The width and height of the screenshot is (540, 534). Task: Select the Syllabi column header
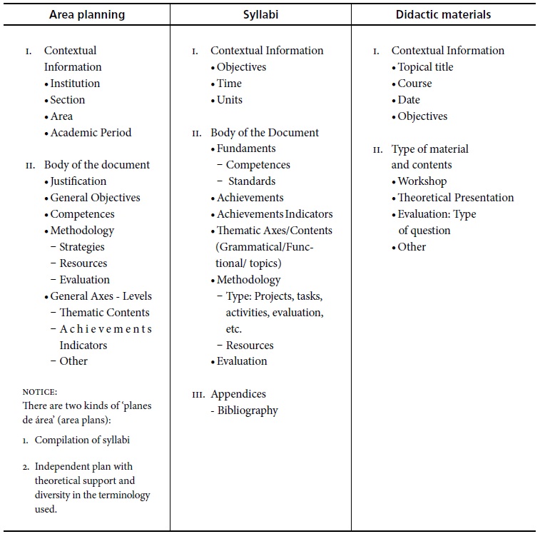pos(260,14)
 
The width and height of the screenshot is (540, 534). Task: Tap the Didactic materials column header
pos(444,14)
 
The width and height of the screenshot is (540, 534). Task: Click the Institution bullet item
pos(75,84)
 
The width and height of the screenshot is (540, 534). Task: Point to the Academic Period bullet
pos(91,133)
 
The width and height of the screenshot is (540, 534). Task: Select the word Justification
pos(78,181)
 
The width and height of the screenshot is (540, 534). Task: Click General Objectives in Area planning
pos(95,198)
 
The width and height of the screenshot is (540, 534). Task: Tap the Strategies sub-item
pos(81,247)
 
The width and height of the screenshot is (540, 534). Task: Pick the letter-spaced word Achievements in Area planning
pos(106,329)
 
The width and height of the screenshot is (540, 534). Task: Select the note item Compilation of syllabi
pos(82,440)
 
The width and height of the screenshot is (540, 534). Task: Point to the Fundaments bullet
pos(246,148)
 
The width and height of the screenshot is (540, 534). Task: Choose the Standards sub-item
pos(251,181)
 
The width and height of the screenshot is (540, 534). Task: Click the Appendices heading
pos(238,394)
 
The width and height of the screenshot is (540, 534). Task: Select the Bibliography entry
pos(248,410)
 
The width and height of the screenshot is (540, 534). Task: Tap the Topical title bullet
pos(425,67)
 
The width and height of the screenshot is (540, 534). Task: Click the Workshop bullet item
pos(422,181)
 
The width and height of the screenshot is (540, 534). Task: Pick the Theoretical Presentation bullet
pos(455,198)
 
